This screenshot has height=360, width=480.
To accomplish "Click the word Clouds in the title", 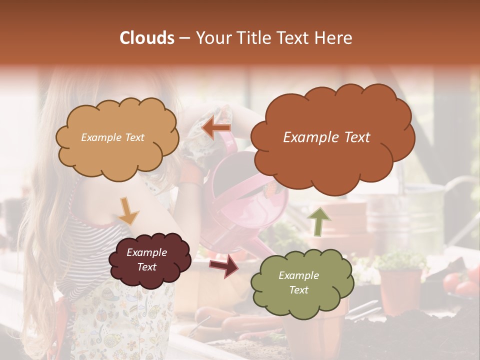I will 147,38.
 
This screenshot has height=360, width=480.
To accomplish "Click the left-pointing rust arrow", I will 216,128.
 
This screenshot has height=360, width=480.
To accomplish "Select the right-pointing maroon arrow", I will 224,265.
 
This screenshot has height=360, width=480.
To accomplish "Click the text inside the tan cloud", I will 112,137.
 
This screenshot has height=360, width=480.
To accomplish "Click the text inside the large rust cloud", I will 326,137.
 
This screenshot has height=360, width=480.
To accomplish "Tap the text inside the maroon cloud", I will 146,259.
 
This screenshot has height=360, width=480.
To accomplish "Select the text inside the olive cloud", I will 298,282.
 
